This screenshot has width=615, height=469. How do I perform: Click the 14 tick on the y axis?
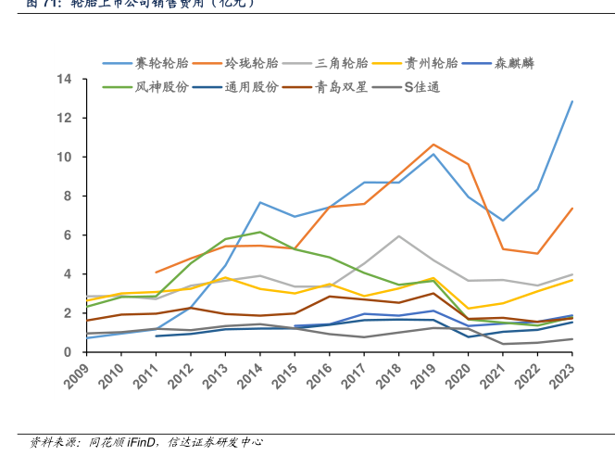66,80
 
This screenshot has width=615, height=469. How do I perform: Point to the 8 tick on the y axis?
69,196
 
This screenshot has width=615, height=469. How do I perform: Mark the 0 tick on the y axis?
69,352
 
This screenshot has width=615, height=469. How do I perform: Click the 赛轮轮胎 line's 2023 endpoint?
572,101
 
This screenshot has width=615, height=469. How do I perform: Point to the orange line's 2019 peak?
433,145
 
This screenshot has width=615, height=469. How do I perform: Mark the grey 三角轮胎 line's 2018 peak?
399,236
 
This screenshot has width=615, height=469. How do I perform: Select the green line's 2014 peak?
260,232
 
